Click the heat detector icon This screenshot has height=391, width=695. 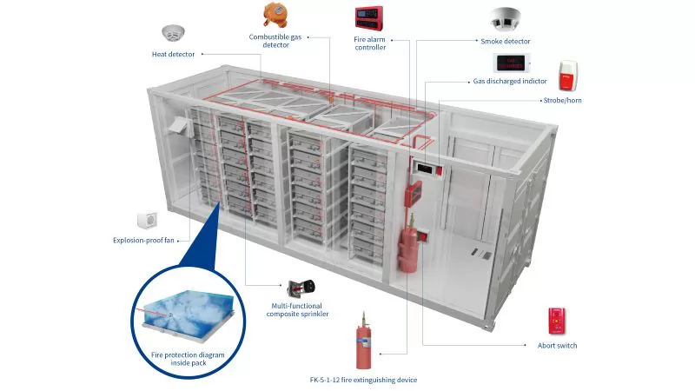[x=175, y=33]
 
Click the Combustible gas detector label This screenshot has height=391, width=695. [x=275, y=41]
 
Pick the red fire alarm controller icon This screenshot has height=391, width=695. [x=369, y=17]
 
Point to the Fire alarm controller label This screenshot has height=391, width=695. [x=370, y=43]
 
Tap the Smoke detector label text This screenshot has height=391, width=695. [x=505, y=41]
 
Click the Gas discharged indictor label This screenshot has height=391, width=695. [x=510, y=81]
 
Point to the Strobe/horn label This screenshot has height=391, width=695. [x=566, y=101]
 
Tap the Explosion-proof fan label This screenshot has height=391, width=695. [x=144, y=241]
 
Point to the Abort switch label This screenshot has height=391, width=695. [x=557, y=345]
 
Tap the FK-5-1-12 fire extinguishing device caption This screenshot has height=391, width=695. [x=369, y=380]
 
